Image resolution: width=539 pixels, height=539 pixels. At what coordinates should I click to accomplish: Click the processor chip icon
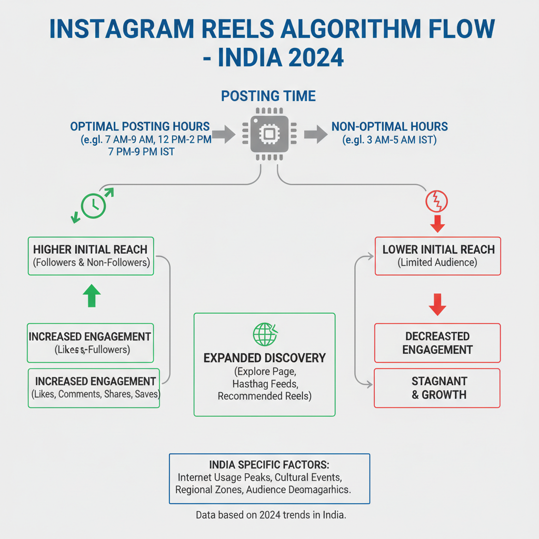click(x=269, y=134)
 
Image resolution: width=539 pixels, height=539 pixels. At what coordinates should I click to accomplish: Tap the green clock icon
click(x=93, y=205)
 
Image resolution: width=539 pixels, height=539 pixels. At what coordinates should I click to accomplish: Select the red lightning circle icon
click(x=437, y=201)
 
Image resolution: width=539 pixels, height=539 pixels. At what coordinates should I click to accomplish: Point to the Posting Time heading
click(x=268, y=96)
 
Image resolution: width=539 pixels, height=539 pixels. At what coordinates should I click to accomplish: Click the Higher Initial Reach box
click(x=90, y=256)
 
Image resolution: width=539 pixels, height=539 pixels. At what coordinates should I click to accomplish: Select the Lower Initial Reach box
click(x=437, y=256)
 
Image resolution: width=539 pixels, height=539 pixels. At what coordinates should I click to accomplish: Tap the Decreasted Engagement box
click(x=437, y=343)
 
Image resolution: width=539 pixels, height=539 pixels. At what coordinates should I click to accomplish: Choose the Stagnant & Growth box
click(x=437, y=388)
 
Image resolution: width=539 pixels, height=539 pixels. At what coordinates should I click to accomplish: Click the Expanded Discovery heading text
click(x=264, y=358)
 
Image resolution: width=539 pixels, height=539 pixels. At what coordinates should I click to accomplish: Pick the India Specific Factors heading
click(x=269, y=466)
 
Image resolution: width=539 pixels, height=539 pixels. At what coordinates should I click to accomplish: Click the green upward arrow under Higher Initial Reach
click(x=92, y=296)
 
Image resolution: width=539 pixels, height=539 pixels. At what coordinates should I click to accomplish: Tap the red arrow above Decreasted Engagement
click(x=437, y=304)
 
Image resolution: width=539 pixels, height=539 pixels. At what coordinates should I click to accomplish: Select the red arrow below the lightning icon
click(x=437, y=224)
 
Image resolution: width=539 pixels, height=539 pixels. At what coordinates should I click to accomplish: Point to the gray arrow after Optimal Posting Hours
click(x=224, y=134)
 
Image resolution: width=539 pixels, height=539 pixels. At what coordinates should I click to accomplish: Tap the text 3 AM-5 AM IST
click(x=389, y=140)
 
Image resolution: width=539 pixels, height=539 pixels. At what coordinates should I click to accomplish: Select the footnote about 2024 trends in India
click(x=271, y=515)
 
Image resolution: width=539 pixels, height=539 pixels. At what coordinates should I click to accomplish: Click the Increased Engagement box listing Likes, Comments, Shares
click(x=94, y=388)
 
